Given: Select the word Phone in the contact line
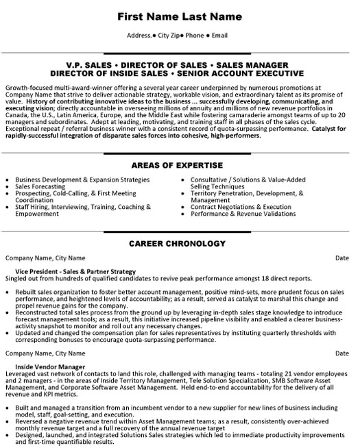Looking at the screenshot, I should coord(194,34).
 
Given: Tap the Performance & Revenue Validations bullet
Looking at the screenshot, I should coord(234,214).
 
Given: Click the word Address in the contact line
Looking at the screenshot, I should coord(141,34).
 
